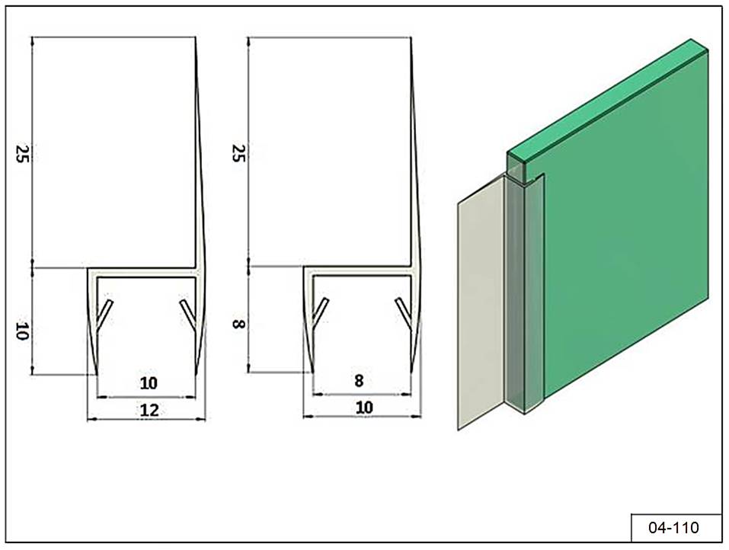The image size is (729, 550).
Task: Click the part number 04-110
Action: [x=673, y=528]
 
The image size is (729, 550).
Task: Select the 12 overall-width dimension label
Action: [x=149, y=410]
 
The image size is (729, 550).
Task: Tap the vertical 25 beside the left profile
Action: [x=22, y=153]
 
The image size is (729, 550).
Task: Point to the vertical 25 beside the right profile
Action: [x=238, y=152]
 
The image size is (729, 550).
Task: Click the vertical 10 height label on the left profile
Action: [x=22, y=331]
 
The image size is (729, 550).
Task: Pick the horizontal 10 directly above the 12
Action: [x=149, y=383]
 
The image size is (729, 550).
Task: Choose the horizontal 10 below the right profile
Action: [x=364, y=408]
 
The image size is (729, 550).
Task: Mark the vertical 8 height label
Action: [x=238, y=324]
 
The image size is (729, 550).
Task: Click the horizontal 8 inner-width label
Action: [x=359, y=381]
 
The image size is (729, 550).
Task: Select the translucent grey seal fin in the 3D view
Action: [x=481, y=302]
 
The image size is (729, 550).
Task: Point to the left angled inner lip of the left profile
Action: [x=104, y=313]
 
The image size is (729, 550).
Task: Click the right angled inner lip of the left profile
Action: [x=187, y=313]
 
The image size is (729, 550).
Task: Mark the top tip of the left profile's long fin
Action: [x=195, y=37]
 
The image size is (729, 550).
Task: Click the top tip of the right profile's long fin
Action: [x=411, y=37]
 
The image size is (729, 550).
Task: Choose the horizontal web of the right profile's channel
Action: [x=358, y=271]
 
